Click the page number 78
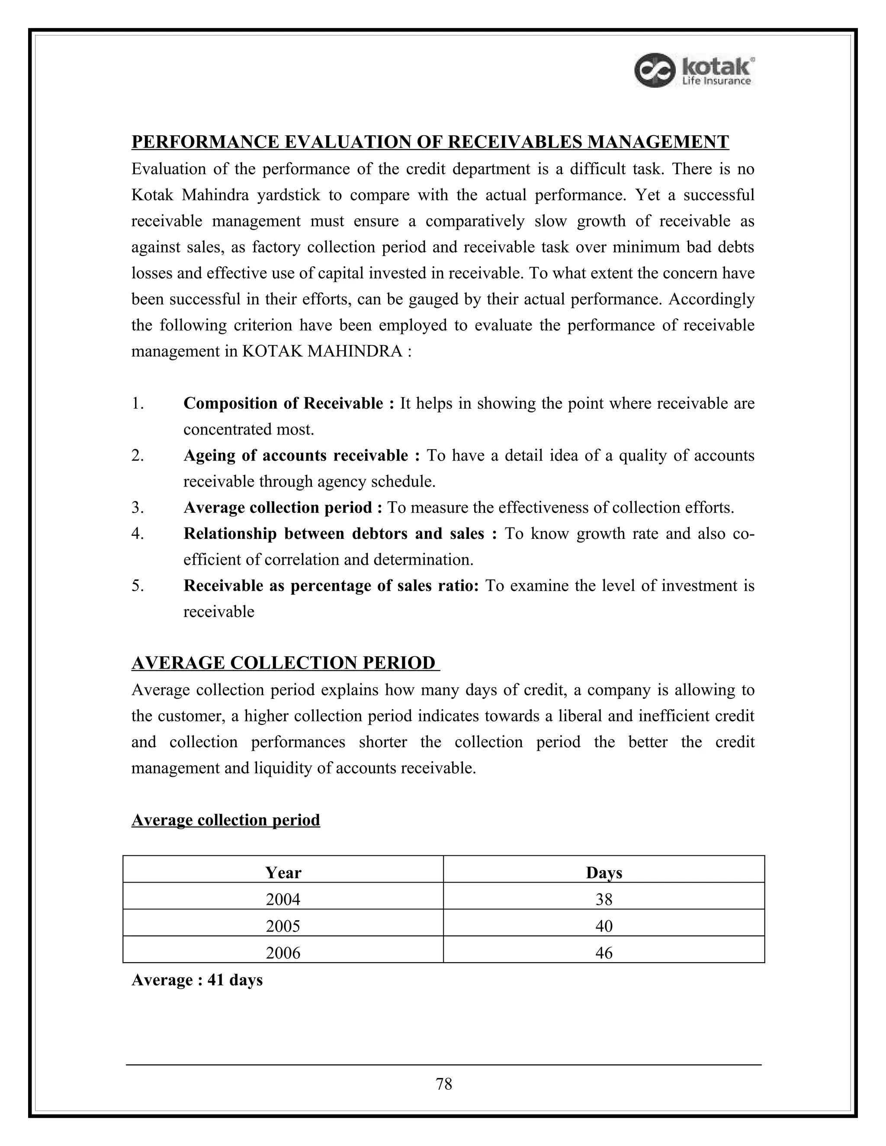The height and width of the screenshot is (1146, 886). coord(443,1084)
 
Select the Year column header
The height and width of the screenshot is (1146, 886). coord(283,873)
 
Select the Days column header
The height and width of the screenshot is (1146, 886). coord(604,873)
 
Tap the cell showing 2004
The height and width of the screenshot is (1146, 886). coord(283,900)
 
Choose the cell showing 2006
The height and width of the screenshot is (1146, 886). coord(283,953)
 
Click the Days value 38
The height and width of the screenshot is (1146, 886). coord(604,900)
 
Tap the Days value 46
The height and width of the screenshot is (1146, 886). coord(604,953)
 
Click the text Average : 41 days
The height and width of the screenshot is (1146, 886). coord(197,980)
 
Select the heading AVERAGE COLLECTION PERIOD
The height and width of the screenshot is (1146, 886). coord(283,663)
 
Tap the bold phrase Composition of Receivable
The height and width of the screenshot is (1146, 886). coord(283,403)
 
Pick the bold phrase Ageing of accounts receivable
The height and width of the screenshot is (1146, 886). coord(295,455)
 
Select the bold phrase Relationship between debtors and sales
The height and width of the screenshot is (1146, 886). coord(334,534)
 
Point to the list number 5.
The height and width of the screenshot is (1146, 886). coord(137,586)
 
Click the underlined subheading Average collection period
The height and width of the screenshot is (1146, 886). coord(226,820)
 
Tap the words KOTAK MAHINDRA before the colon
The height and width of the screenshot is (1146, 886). coord(322,351)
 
